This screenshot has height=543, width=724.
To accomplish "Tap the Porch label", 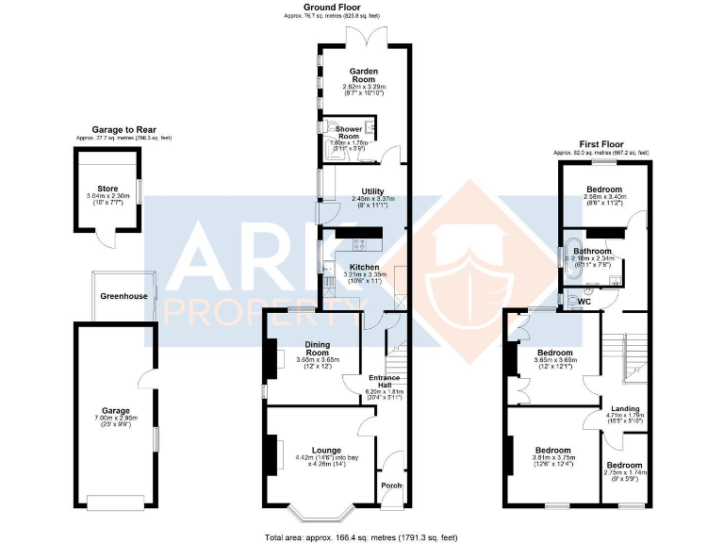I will tap(391, 485).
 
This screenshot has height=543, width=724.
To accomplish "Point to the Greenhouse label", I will tap(123, 296).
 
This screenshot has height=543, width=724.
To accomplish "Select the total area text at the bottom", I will tap(361, 536).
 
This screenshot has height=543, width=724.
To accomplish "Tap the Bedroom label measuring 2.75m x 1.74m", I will tap(625, 465).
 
